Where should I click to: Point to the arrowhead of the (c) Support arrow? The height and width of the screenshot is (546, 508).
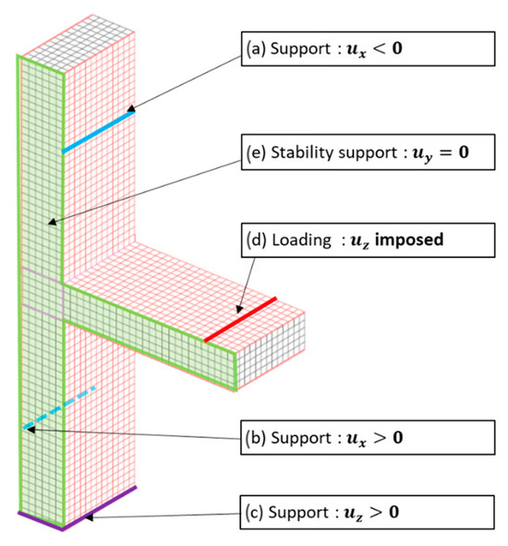point(84,519)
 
